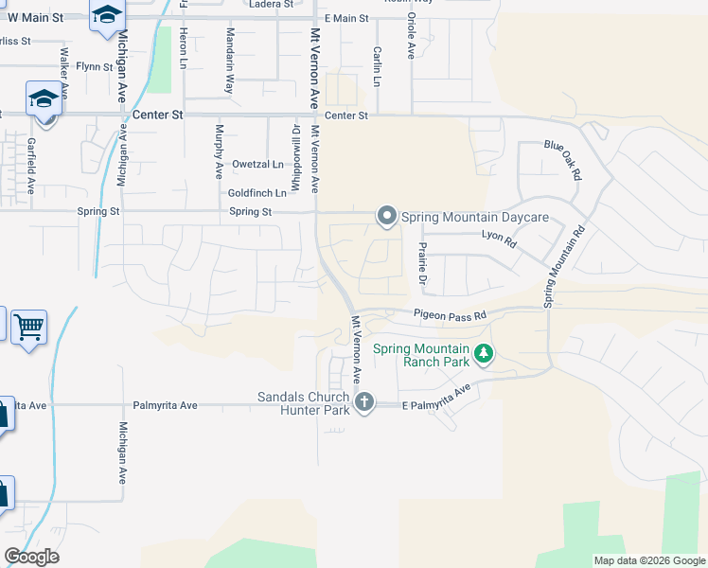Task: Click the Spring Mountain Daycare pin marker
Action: click(386, 217)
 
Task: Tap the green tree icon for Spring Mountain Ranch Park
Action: click(484, 354)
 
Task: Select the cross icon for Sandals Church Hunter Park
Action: click(363, 403)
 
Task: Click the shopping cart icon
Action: click(28, 328)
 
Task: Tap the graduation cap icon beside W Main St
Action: click(107, 14)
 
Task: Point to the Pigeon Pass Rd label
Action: click(449, 314)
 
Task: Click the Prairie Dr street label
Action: click(423, 262)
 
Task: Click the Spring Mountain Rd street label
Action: click(565, 266)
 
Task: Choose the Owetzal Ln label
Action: click(257, 164)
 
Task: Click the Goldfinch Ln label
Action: click(257, 192)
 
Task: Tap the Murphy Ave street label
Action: click(219, 151)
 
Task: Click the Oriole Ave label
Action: click(411, 36)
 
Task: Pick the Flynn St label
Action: click(95, 66)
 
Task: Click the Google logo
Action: click(31, 557)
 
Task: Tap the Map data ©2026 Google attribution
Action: click(649, 560)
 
